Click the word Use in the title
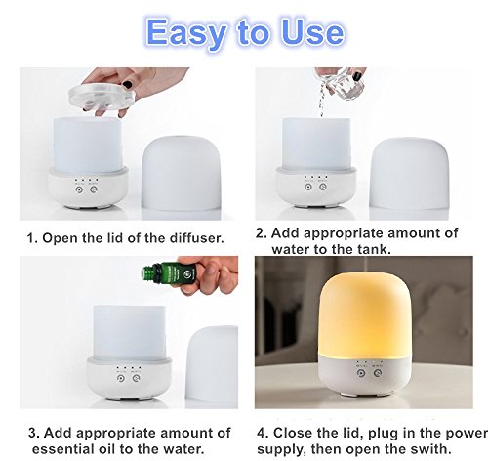312,32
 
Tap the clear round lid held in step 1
102,95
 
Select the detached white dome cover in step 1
182,173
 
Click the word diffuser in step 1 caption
196,238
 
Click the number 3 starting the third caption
33,433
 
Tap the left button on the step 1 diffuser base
78,189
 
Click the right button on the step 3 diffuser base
136,378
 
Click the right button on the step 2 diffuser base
323,187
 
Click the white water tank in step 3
129,332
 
